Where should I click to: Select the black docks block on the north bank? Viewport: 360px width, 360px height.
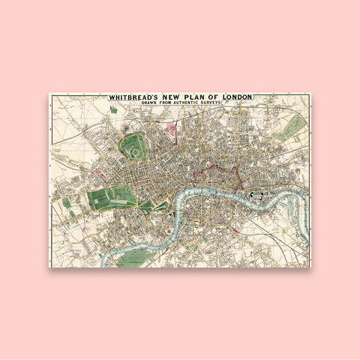[x=259, y=197]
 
